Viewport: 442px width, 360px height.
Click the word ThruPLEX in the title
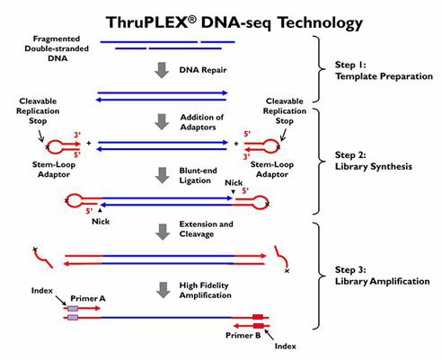147,22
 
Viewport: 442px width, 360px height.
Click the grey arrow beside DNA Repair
162,70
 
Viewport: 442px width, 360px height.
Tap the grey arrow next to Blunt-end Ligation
163,175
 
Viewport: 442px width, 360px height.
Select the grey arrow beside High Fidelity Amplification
164,290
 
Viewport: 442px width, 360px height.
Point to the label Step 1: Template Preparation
384,71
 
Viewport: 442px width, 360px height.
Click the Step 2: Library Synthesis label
374,161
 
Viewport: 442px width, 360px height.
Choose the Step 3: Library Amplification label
382,276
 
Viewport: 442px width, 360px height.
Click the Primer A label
88,298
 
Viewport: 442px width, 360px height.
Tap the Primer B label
243,336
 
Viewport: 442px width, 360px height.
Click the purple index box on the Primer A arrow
73,308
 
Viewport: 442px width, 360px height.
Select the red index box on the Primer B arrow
258,326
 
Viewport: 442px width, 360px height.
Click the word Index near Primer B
286,347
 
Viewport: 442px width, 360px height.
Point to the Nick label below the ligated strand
101,222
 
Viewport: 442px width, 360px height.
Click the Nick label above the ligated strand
234,183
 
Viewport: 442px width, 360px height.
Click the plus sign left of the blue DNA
89,144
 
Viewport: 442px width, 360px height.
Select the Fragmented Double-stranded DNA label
57,48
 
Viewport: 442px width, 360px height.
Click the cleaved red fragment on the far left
43,258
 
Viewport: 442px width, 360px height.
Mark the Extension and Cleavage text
206,229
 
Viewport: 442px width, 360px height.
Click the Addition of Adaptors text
202,122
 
